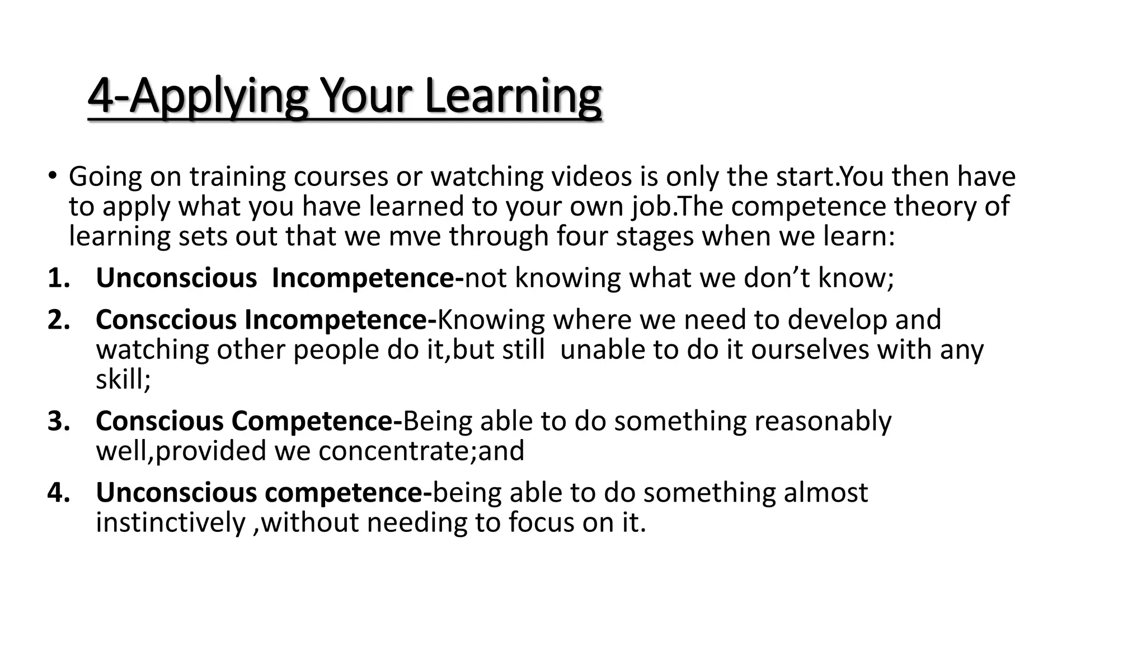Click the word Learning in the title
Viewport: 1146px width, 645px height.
[x=513, y=96]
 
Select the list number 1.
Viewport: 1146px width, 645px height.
[x=58, y=278]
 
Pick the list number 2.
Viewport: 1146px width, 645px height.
[x=58, y=320]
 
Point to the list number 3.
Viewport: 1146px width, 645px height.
[x=58, y=421]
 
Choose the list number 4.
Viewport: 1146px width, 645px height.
[x=58, y=493]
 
